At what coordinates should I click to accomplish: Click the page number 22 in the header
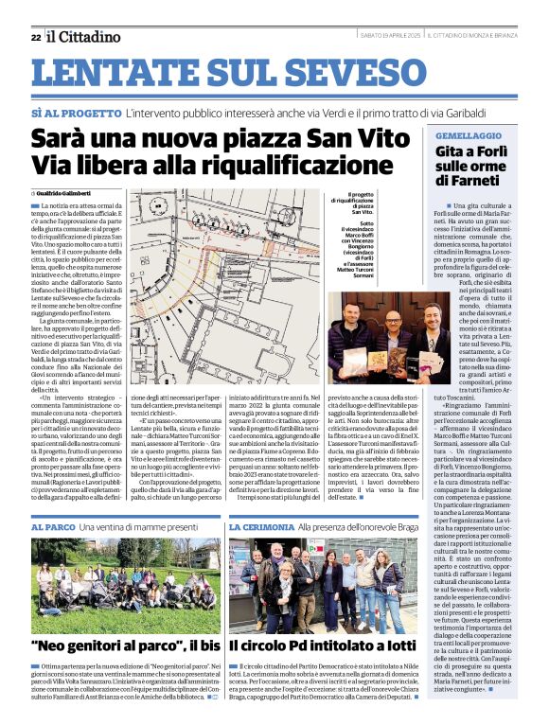[x=35, y=37]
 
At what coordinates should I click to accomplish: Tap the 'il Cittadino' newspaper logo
[x=85, y=36]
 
